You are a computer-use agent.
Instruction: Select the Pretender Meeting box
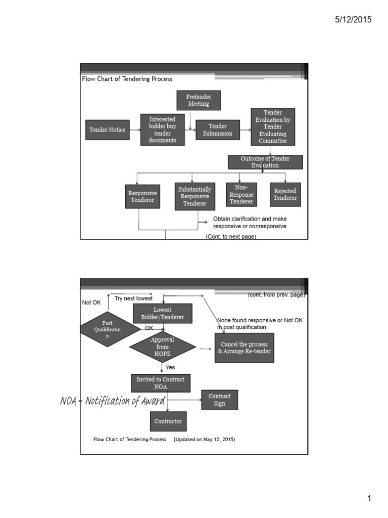199,100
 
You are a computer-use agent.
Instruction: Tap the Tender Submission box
218,130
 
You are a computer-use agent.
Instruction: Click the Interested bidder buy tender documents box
163,130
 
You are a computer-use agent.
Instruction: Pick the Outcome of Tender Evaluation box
265,162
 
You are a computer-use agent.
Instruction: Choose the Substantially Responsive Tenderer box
195,196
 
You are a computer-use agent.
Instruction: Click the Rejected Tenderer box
285,194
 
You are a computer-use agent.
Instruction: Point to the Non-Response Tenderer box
241,194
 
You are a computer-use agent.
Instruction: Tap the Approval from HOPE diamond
162,347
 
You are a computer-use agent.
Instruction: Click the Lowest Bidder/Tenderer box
163,314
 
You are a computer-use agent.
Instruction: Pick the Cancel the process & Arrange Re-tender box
245,348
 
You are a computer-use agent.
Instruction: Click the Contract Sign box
219,400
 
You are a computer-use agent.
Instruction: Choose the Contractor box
168,421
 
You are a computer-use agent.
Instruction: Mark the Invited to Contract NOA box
161,383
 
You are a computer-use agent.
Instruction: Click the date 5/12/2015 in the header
353,20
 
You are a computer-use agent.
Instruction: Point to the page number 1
369,499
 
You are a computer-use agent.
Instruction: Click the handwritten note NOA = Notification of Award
113,401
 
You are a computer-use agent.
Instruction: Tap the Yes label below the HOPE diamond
170,367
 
